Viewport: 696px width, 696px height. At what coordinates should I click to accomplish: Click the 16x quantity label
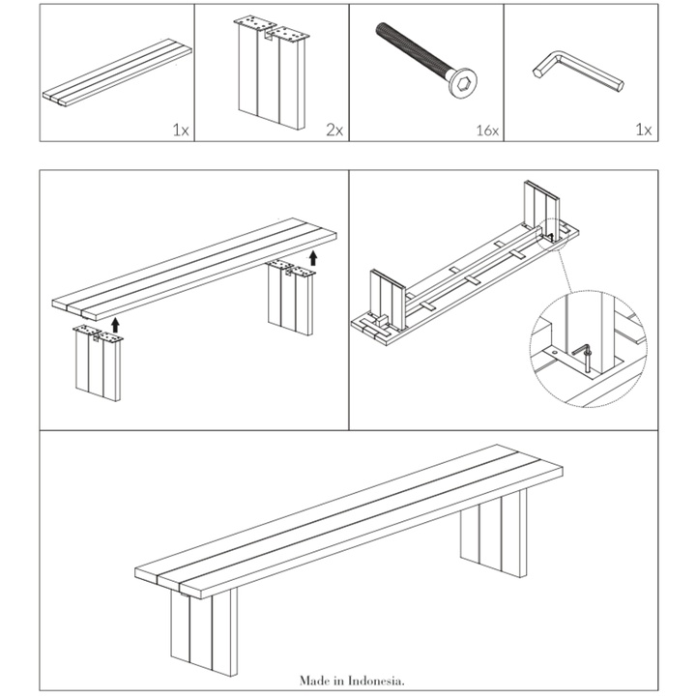click(x=488, y=130)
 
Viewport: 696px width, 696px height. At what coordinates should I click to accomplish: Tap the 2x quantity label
click(x=334, y=130)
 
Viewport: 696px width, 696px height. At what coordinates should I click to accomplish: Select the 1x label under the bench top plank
click(x=180, y=130)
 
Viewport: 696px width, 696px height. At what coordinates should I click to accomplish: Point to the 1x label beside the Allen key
click(x=643, y=130)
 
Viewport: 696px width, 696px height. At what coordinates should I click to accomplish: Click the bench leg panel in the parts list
click(x=272, y=82)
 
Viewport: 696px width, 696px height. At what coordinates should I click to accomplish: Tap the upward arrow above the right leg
click(x=312, y=256)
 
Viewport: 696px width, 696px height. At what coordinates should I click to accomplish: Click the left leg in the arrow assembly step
click(x=98, y=367)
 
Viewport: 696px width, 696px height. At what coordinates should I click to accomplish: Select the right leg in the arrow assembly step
click(x=290, y=300)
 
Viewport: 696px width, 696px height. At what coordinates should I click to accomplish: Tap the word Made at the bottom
click(x=312, y=681)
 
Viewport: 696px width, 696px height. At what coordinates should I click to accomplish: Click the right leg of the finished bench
click(x=494, y=532)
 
